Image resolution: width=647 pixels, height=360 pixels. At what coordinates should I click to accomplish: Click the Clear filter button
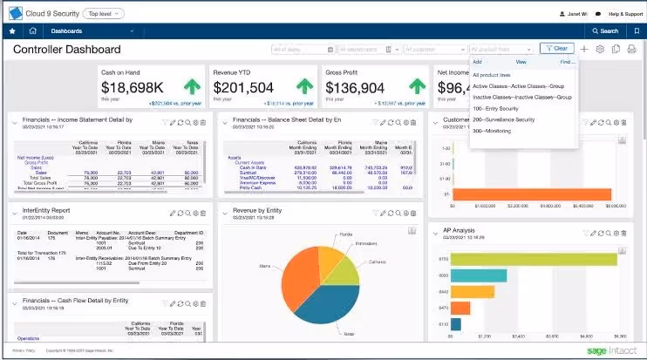tap(557, 49)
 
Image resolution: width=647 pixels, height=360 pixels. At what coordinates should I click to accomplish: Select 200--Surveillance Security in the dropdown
tap(503, 119)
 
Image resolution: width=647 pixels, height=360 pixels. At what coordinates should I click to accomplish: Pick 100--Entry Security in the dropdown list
tap(495, 108)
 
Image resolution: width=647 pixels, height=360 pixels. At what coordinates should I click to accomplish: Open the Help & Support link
tap(625, 14)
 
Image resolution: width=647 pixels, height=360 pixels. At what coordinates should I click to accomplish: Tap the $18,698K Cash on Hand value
tap(133, 87)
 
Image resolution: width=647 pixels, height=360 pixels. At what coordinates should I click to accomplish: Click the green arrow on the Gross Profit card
tap(418, 87)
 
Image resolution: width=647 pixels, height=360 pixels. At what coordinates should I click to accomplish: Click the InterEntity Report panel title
tap(48, 210)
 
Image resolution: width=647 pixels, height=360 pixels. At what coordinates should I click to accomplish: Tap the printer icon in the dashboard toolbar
tap(631, 50)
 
